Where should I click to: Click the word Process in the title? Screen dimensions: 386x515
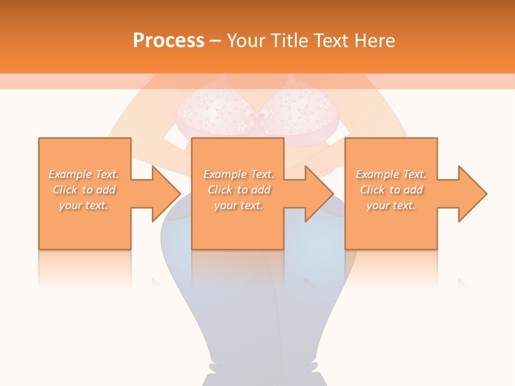[x=168, y=41]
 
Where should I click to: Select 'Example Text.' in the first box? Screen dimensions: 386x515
[x=84, y=174]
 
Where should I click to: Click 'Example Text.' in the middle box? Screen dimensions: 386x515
[x=239, y=174]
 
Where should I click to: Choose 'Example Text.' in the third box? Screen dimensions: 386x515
[x=391, y=174]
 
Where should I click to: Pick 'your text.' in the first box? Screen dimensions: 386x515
[x=84, y=205]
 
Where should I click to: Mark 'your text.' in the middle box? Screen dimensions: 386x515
[x=239, y=205]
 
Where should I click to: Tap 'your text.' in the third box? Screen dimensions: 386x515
[x=391, y=205]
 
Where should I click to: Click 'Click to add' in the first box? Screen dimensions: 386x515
[x=84, y=190]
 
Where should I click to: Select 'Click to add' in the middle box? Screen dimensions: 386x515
[x=239, y=190]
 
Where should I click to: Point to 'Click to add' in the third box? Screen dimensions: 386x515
[x=391, y=190]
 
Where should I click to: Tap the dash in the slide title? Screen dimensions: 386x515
[x=216, y=41]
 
